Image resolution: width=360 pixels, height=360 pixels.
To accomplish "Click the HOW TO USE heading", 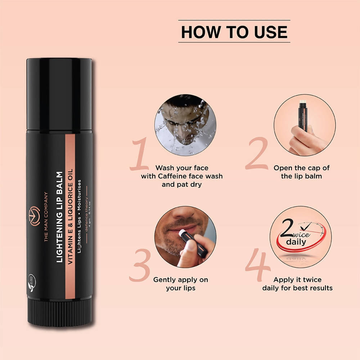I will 234,32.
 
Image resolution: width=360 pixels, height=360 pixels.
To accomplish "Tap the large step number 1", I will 140,155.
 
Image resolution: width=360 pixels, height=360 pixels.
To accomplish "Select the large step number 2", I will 256,155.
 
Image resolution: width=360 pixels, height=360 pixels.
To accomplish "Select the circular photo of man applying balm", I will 185,237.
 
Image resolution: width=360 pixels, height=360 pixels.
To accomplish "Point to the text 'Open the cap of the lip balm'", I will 301,172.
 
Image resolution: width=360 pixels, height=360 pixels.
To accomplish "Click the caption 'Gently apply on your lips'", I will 180,284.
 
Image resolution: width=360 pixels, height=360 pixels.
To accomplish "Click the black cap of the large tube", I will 59,94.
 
